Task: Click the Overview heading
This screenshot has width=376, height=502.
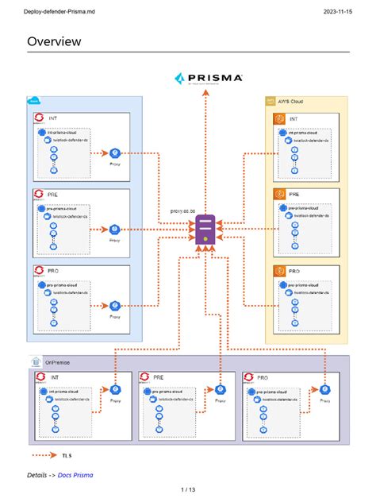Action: [x=54, y=41]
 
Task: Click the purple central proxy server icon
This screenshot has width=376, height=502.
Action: [x=205, y=228]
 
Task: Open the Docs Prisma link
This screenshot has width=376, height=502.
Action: [x=75, y=474]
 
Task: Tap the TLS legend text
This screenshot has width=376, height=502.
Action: [x=67, y=455]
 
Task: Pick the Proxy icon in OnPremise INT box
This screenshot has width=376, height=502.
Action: [x=116, y=389]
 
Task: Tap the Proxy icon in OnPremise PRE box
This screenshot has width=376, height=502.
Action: [x=220, y=389]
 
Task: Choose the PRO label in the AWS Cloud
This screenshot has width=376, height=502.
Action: [x=294, y=270]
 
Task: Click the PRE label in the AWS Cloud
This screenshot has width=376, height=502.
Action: [x=294, y=194]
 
